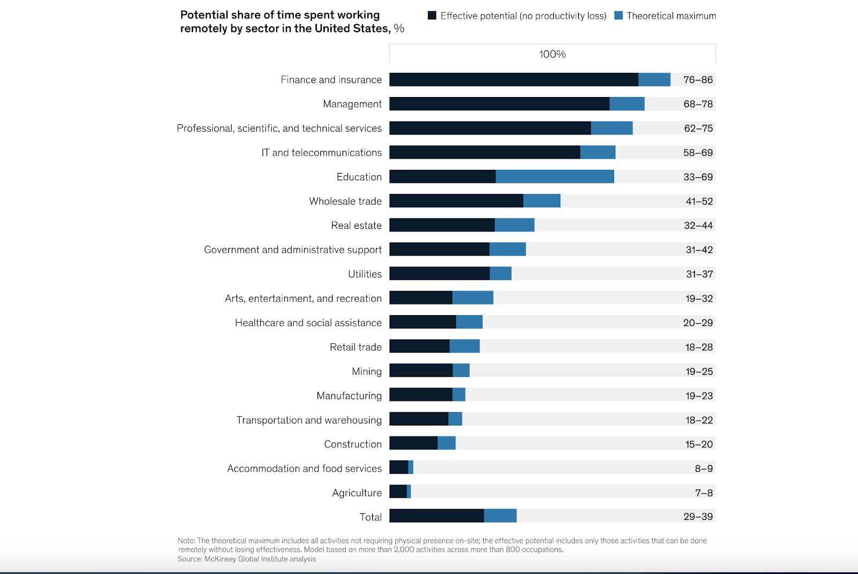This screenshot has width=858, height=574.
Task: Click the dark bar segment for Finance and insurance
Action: (514, 79)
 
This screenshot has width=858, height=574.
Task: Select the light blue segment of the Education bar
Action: (554, 176)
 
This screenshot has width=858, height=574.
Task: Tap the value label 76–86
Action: (698, 80)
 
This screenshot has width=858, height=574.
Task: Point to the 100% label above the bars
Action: (552, 54)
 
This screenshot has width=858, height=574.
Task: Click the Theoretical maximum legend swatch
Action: (618, 16)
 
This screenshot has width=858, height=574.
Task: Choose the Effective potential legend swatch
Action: (432, 16)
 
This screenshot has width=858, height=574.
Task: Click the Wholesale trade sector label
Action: (345, 201)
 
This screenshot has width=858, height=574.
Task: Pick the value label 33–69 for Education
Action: (698, 177)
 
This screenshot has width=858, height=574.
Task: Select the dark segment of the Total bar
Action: (437, 516)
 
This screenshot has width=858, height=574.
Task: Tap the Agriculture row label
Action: (357, 493)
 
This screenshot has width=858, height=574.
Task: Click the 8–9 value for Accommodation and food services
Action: (704, 468)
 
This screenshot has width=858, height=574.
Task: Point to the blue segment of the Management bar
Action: (627, 103)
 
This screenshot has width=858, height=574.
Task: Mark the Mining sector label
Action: (367, 371)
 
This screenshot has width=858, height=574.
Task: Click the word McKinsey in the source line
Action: (220, 559)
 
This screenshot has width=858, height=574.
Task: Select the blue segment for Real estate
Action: (514, 225)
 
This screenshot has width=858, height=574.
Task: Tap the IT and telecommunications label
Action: (321, 153)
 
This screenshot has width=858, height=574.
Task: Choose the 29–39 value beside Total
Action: (698, 517)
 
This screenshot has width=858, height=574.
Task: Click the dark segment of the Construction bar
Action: (413, 443)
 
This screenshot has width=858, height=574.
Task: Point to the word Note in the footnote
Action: (186, 541)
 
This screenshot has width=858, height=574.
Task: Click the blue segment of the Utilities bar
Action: (500, 273)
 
